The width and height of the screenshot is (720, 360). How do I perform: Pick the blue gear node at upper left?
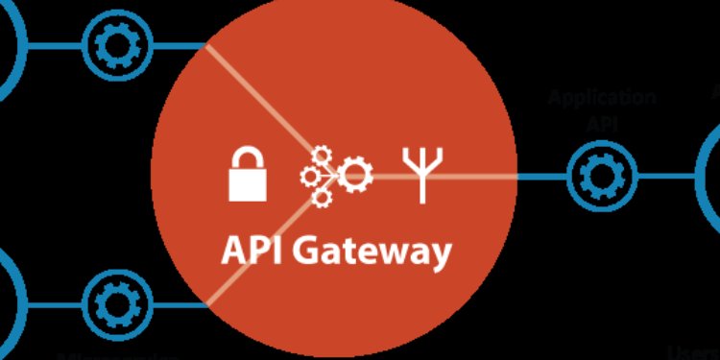click(118, 42)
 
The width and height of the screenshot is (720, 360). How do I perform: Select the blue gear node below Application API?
click(602, 177)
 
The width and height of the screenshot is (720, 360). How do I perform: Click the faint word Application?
click(601, 97)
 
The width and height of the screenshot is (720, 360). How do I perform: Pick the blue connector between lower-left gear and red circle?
click(178, 304)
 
